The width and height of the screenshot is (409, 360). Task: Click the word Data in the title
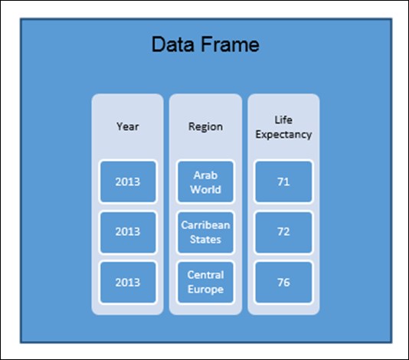click(x=173, y=44)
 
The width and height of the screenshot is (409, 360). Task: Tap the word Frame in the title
click(x=231, y=44)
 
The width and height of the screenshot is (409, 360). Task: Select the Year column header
click(x=128, y=127)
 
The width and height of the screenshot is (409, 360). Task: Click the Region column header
click(x=205, y=127)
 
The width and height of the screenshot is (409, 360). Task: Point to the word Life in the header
click(x=283, y=119)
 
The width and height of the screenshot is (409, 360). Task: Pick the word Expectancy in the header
click(x=283, y=135)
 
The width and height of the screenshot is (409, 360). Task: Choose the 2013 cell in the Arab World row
click(x=128, y=182)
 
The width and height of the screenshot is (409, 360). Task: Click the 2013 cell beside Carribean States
click(x=128, y=231)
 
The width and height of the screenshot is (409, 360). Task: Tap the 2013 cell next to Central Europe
click(x=128, y=283)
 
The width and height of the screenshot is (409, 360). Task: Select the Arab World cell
click(x=205, y=182)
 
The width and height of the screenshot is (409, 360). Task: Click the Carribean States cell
click(x=205, y=231)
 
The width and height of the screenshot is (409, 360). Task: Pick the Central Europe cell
click(x=205, y=283)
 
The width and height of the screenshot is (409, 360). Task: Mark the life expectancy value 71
click(x=283, y=182)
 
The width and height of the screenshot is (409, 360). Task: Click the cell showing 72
click(x=283, y=231)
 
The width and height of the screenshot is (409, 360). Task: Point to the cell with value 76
click(x=283, y=283)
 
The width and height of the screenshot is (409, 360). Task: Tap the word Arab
click(x=205, y=175)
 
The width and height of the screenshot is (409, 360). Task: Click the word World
click(x=205, y=189)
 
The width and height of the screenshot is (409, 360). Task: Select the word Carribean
click(x=205, y=225)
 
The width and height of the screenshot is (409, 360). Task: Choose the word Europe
click(x=205, y=290)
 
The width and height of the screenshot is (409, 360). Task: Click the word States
click(x=205, y=240)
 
